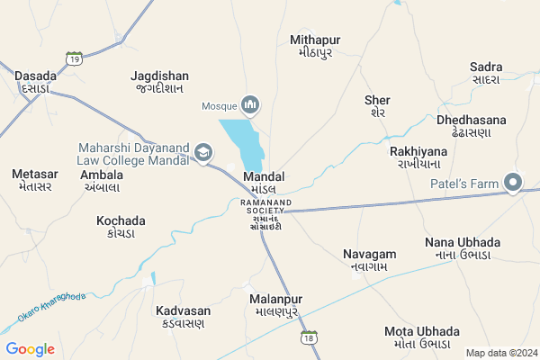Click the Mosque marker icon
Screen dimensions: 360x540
[x=251, y=105]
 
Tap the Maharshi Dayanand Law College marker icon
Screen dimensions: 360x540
[x=204, y=152]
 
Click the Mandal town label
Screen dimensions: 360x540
[x=265, y=183]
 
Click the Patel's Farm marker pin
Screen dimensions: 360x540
[x=514, y=184]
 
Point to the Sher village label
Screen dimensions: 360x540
[x=378, y=106]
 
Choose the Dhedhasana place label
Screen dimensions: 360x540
[x=471, y=126]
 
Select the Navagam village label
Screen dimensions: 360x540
[x=369, y=261]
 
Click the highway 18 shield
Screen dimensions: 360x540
[x=310, y=337]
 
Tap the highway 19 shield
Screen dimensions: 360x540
[x=74, y=59]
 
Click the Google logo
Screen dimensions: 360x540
[x=31, y=349]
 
